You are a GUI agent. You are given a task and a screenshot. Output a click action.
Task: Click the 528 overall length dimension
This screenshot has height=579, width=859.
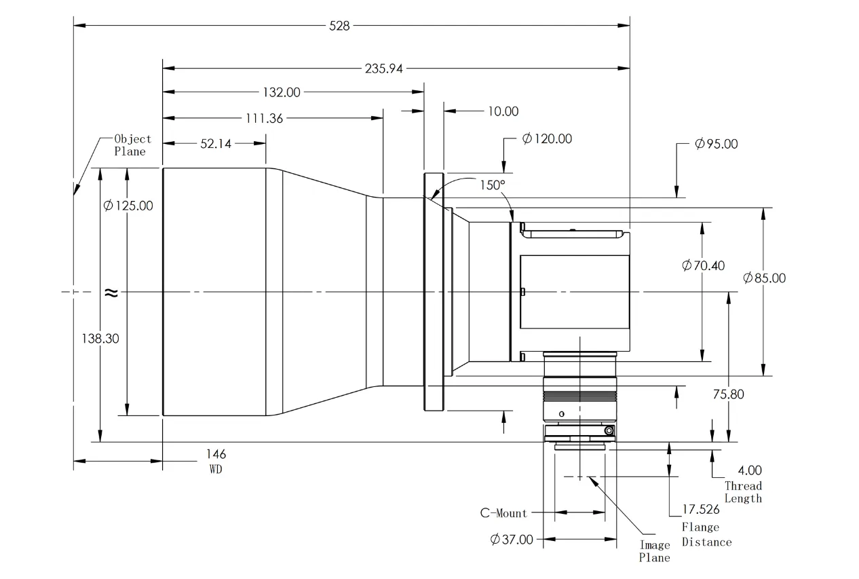point(339,26)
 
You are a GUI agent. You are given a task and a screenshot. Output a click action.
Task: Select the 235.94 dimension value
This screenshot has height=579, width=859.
point(383,69)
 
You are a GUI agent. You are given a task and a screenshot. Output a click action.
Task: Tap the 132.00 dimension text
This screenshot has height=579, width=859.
point(282,92)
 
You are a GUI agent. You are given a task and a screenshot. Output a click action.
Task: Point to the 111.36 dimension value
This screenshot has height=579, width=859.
point(264,118)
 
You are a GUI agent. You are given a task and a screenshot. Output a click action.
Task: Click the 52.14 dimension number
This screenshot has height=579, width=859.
point(216,144)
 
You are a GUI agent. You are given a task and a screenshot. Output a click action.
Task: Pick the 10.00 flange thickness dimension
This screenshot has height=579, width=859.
point(503,111)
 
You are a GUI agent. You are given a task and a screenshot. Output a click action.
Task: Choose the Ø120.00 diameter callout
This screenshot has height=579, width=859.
point(547,138)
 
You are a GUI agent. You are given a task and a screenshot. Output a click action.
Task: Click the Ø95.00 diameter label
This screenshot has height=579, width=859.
point(717,144)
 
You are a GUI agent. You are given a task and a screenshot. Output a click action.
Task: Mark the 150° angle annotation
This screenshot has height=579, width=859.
point(493,185)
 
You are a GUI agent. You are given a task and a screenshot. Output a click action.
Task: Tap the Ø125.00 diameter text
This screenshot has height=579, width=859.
point(128,206)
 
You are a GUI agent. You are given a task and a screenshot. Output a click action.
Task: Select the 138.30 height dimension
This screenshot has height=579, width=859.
point(100,339)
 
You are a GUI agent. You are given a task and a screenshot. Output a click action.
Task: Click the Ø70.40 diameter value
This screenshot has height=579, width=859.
point(704,265)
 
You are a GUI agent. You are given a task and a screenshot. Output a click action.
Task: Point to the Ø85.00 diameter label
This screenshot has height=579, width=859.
point(764,278)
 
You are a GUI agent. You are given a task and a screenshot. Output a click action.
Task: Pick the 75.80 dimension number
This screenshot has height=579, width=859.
point(728,394)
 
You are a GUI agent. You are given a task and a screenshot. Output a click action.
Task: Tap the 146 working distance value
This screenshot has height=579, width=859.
point(216,454)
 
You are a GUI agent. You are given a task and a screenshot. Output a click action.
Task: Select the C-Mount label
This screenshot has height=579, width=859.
point(503,513)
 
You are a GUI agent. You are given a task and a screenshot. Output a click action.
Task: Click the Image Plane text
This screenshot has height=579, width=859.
point(655,551)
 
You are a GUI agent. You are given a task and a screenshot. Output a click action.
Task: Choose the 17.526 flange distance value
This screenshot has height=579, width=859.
point(701,509)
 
